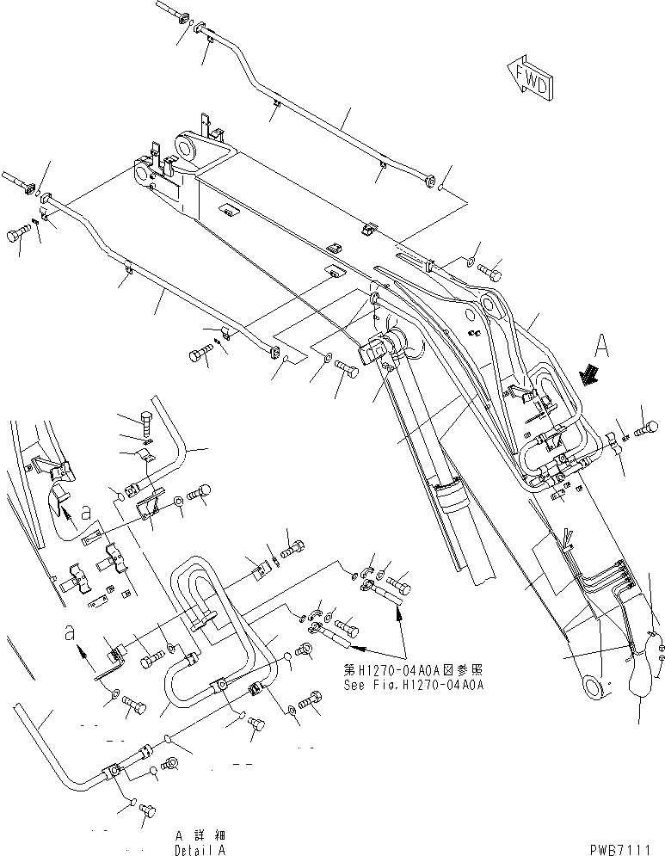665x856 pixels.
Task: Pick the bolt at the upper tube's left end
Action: tap(173, 12)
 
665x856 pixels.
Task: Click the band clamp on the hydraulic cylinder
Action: tap(449, 498)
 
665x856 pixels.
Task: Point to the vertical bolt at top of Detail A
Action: tap(147, 426)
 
